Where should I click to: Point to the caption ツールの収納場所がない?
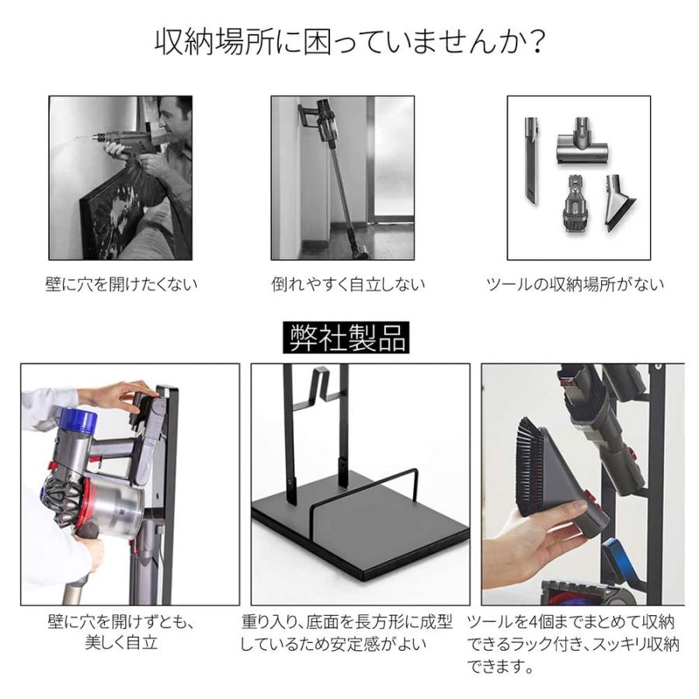pos(575,284)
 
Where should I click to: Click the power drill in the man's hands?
pos(124,142)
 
